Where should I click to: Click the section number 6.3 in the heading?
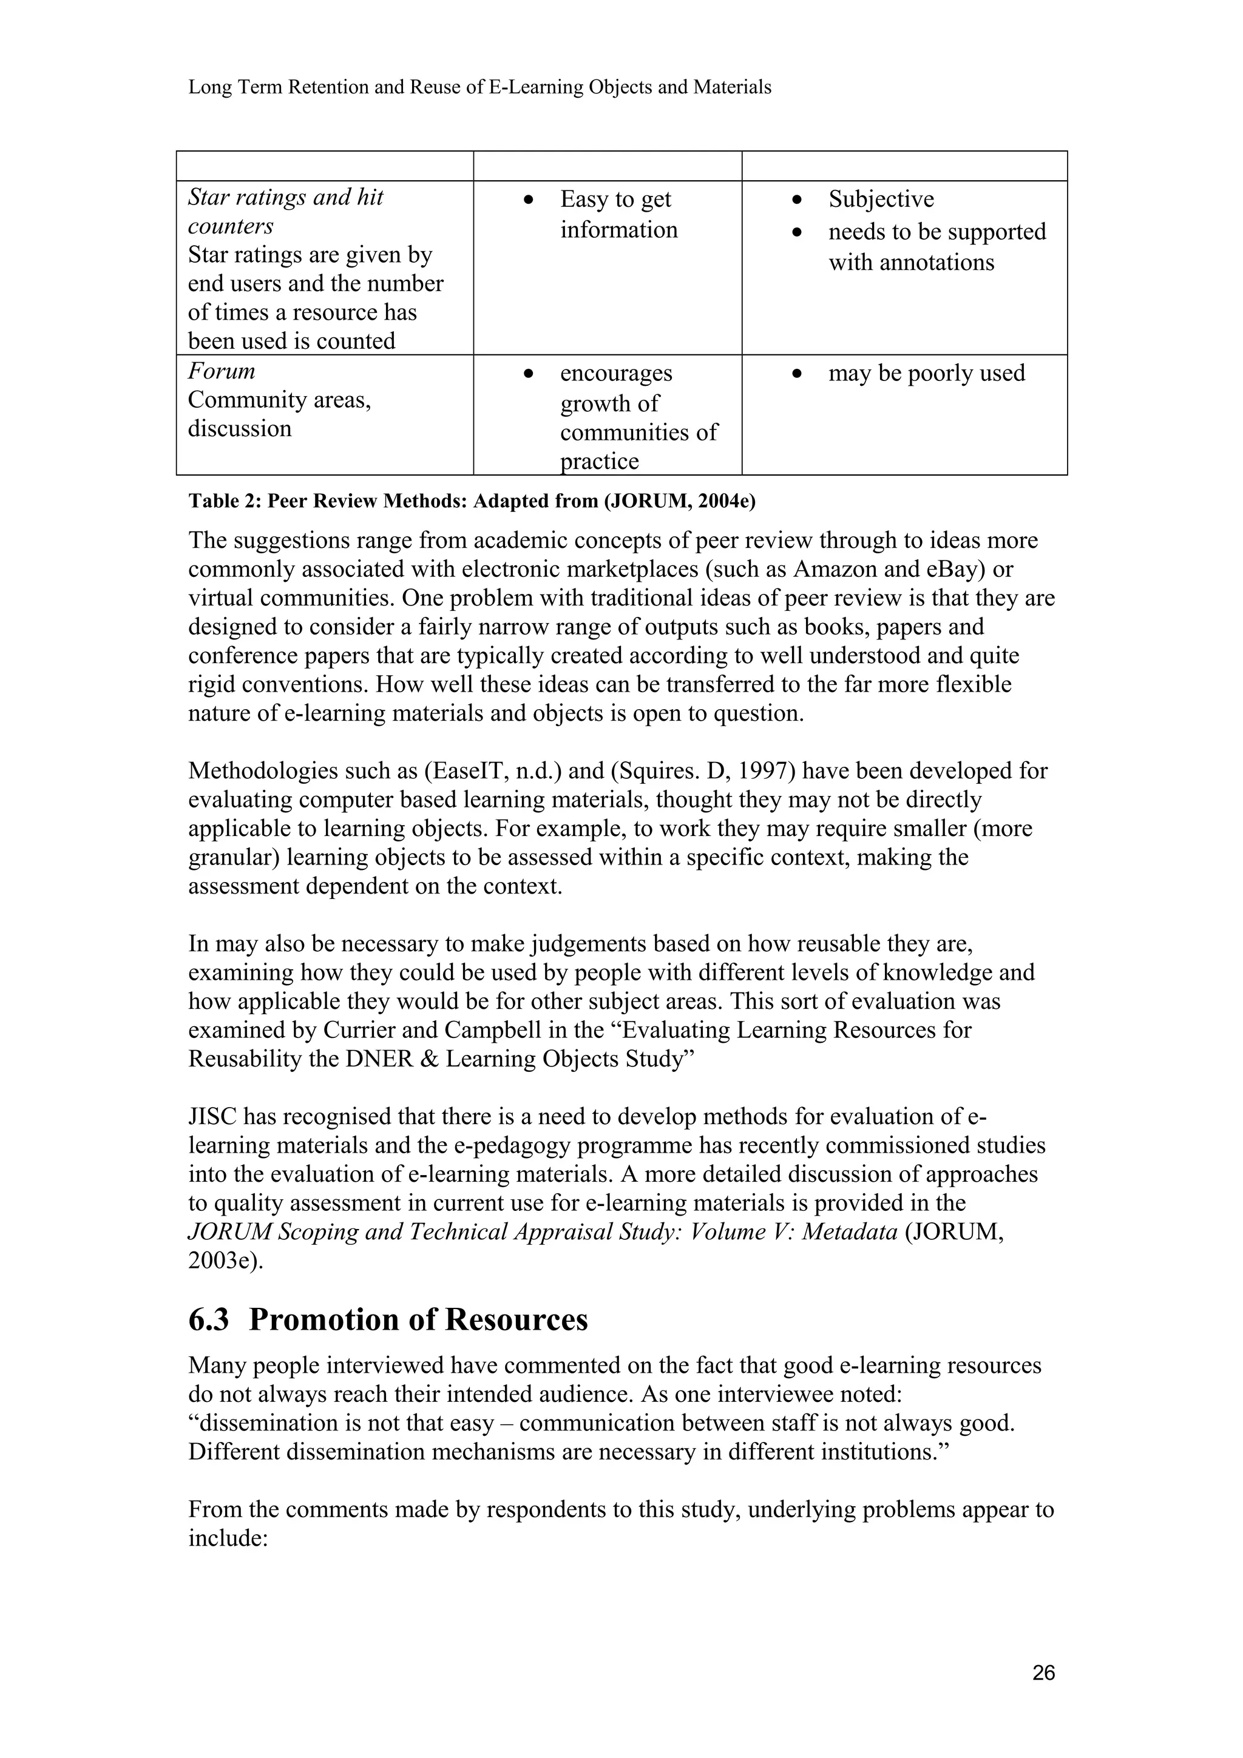pos(208,1319)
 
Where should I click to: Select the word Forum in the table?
pos(222,371)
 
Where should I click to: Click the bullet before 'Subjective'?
pos(798,200)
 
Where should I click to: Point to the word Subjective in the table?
pos(881,199)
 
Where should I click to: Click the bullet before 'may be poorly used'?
pos(798,374)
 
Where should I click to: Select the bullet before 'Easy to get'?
pos(529,200)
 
